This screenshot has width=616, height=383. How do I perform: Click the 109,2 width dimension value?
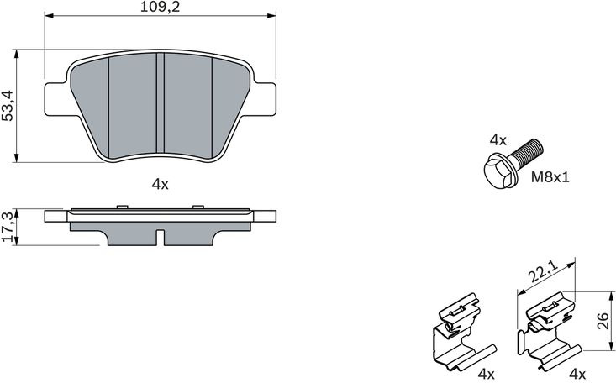pos(160,7)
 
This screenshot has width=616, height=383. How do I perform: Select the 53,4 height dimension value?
pos(8,105)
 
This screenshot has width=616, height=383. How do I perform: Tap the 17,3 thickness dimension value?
pos(8,226)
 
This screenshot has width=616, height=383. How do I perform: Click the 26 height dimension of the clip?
pos(603,321)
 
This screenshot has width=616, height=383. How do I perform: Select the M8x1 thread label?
pos(550,177)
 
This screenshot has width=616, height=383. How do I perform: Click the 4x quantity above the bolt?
pos(498,139)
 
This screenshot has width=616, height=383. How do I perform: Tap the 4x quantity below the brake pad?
pos(160,184)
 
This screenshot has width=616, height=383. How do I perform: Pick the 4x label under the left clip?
pos(487,373)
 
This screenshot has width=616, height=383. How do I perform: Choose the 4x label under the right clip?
pos(577,373)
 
